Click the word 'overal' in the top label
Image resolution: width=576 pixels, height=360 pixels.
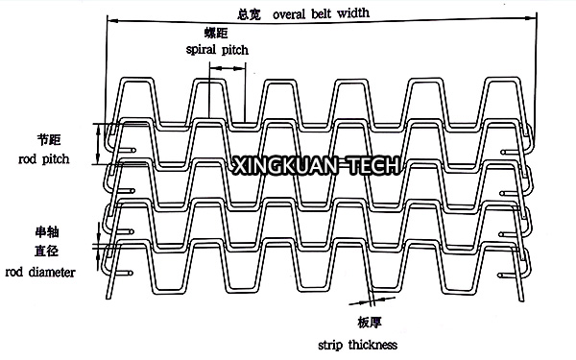click(x=289, y=14)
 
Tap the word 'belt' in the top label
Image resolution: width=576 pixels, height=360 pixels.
click(x=321, y=13)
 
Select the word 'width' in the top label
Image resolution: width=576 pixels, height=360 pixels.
click(x=353, y=12)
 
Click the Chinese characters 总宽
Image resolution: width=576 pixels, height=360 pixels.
click(x=249, y=14)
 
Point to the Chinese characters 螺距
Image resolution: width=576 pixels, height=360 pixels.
click(x=216, y=33)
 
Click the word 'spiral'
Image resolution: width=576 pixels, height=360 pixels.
click(x=201, y=50)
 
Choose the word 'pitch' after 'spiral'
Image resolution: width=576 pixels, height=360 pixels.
click(x=235, y=50)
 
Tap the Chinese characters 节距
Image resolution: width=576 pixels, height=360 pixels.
click(x=49, y=139)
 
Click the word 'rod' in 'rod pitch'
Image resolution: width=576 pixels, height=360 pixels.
click(x=27, y=159)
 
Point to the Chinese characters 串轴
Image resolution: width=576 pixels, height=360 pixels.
click(x=47, y=232)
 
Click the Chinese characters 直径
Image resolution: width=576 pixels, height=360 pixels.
click(x=47, y=252)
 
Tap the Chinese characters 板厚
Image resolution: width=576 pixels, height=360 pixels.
click(x=370, y=323)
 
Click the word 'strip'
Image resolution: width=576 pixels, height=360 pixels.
click(x=330, y=346)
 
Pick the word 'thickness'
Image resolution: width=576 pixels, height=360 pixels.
click(x=372, y=345)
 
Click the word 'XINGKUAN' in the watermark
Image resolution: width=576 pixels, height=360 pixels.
click(x=286, y=165)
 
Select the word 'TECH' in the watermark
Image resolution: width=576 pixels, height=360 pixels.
click(x=373, y=165)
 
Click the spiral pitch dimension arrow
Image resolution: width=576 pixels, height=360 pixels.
click(x=228, y=68)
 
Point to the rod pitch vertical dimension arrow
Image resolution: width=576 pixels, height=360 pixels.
click(x=98, y=144)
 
